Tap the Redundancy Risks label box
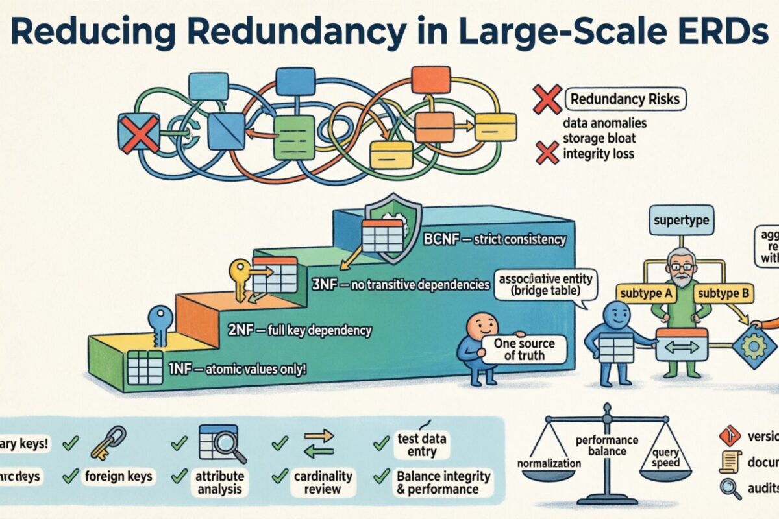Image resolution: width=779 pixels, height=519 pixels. click(x=625, y=100)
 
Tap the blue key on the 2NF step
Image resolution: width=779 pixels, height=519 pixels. click(x=158, y=324)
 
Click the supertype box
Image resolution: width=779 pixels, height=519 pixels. click(x=679, y=221)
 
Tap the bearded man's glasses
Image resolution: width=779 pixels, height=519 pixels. click(x=680, y=266)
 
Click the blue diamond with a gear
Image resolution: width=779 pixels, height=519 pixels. click(x=754, y=348)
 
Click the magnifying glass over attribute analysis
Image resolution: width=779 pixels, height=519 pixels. click(x=230, y=444)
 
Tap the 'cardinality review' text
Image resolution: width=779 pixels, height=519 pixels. click(x=322, y=482)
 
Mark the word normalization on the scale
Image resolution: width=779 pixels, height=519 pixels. click(x=549, y=463)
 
